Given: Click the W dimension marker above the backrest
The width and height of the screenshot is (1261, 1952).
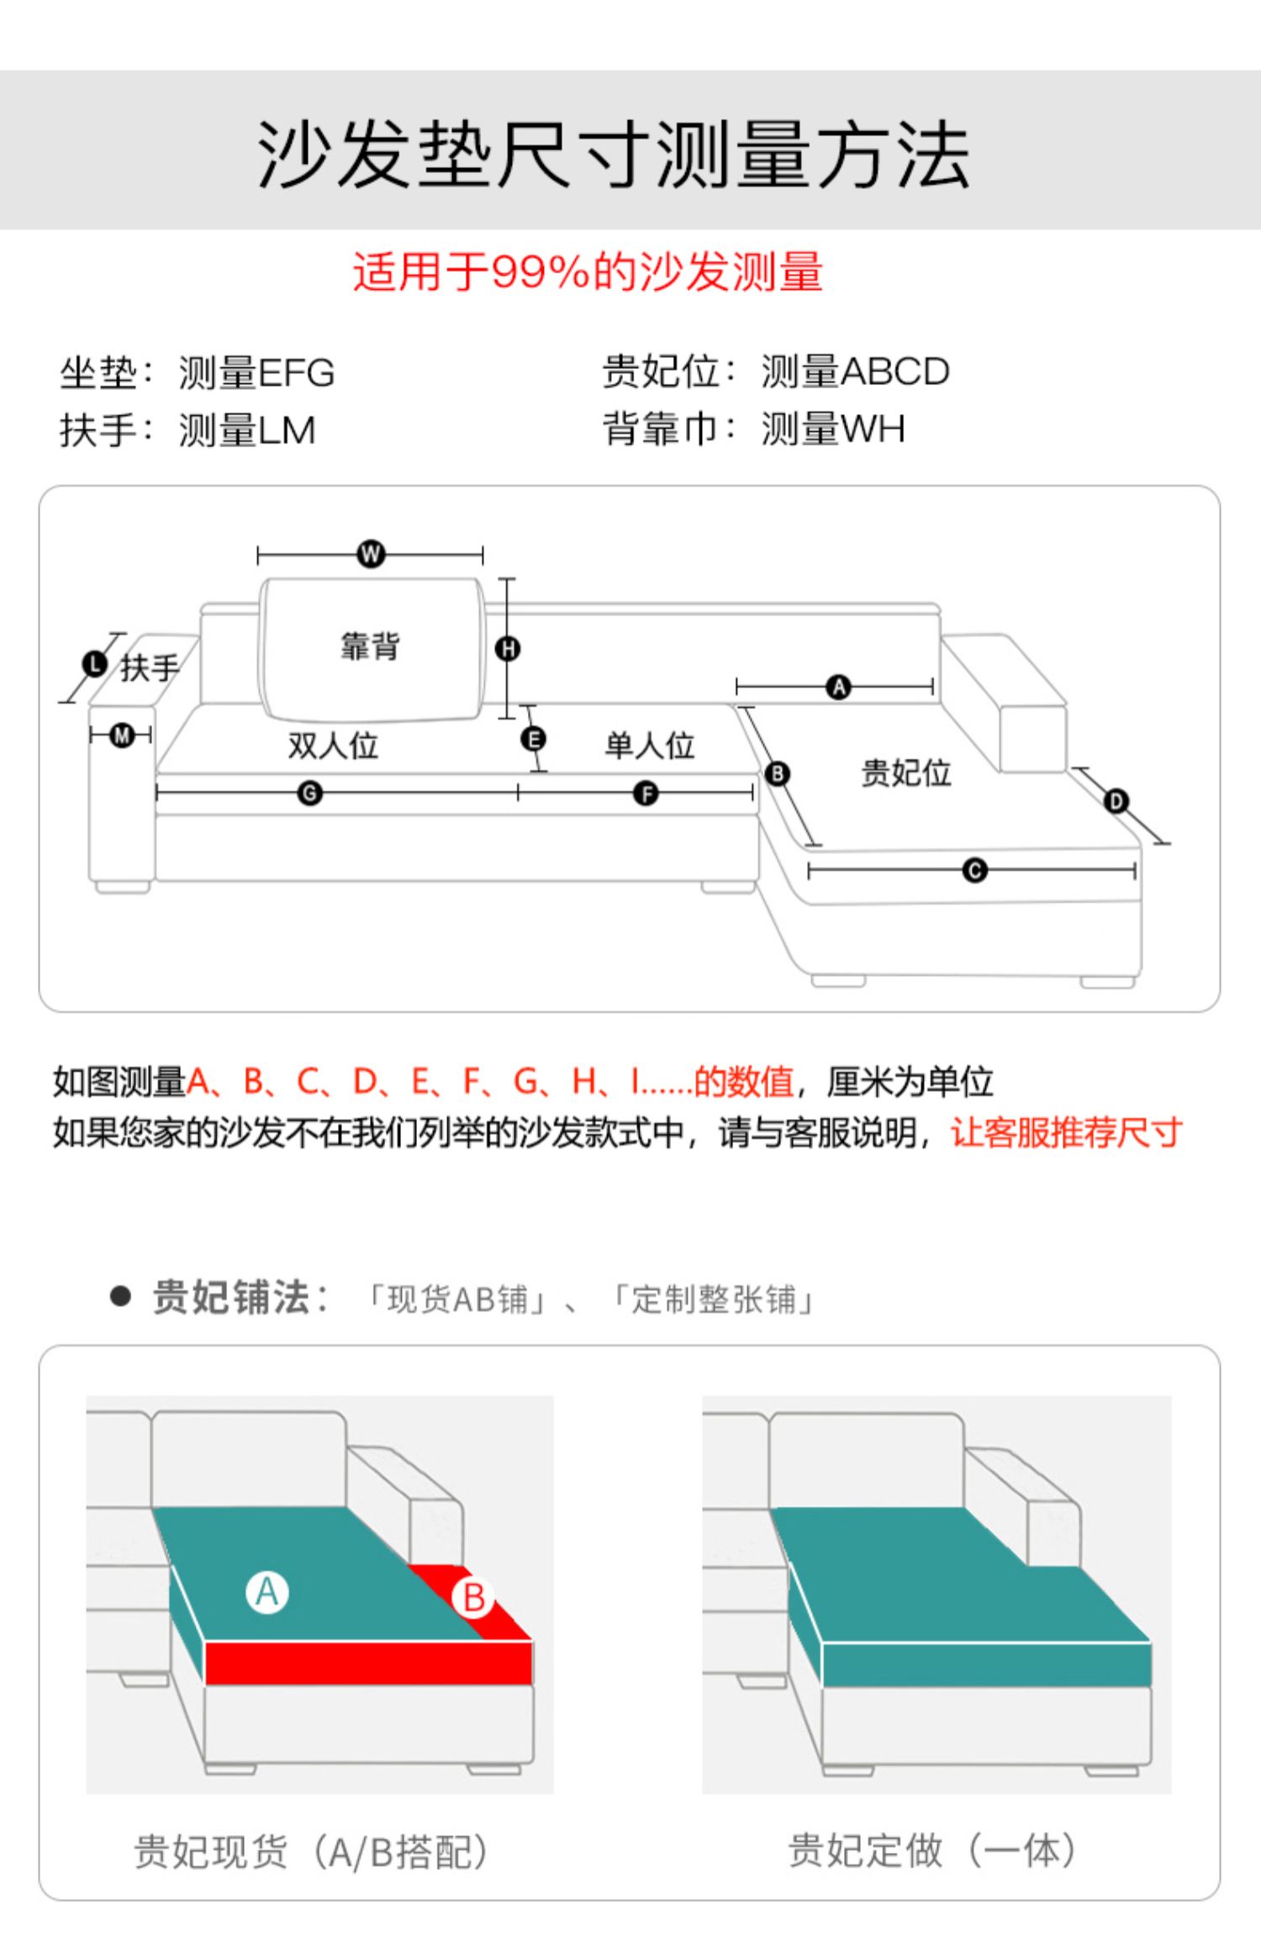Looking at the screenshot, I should point(370,554).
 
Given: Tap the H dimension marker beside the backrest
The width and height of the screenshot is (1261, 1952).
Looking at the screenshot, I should point(508,648).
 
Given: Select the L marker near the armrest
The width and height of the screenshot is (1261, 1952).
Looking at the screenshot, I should point(95,664).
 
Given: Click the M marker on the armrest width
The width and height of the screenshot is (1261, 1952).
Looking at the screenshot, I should point(123,736).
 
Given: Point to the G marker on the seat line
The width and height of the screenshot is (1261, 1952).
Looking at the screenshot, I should point(310,793).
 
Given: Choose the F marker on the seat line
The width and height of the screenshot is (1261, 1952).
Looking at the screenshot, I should point(646,793).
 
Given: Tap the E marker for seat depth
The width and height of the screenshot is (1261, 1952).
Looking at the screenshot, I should point(533,739).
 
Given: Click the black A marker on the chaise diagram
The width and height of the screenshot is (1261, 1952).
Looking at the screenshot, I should point(838,687).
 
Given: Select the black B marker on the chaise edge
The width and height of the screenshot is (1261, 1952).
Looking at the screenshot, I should point(778,773).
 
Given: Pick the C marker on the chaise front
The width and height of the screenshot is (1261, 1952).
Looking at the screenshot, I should point(974,870).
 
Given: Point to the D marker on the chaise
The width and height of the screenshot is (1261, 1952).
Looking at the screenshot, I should point(1116,800).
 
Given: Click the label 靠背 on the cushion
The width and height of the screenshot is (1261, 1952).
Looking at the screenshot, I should point(370,646).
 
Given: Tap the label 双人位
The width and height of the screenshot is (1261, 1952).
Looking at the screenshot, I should point(333,746).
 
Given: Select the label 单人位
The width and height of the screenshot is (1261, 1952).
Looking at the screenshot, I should point(650,746).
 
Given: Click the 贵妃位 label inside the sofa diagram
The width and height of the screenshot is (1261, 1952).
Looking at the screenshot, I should point(905,773).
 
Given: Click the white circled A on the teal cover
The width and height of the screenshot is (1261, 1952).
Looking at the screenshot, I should point(267,1591).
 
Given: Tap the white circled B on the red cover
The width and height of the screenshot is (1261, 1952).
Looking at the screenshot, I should point(474,1597).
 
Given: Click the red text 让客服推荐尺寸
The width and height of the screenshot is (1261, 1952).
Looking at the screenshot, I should point(1066,1132).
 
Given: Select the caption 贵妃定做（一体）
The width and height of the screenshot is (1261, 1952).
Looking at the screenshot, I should point(932,1849).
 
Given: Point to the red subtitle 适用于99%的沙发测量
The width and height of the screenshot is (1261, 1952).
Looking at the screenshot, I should point(588,272).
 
